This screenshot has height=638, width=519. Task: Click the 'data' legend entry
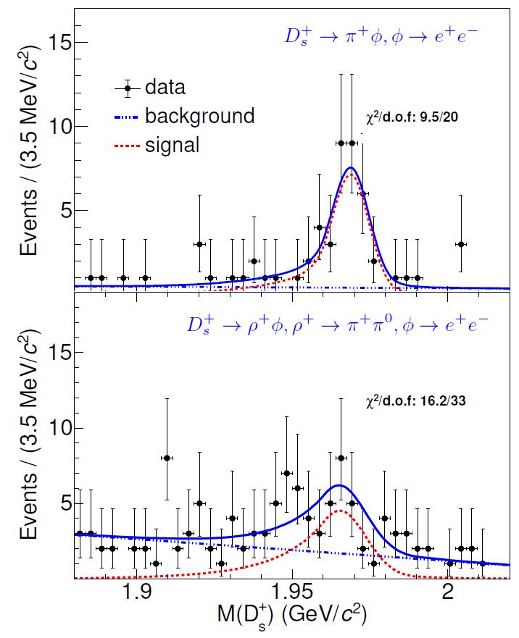click(x=165, y=88)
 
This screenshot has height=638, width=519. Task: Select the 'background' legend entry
click(x=199, y=116)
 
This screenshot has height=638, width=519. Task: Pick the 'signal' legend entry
click(x=172, y=144)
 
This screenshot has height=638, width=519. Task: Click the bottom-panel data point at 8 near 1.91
click(x=167, y=458)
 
